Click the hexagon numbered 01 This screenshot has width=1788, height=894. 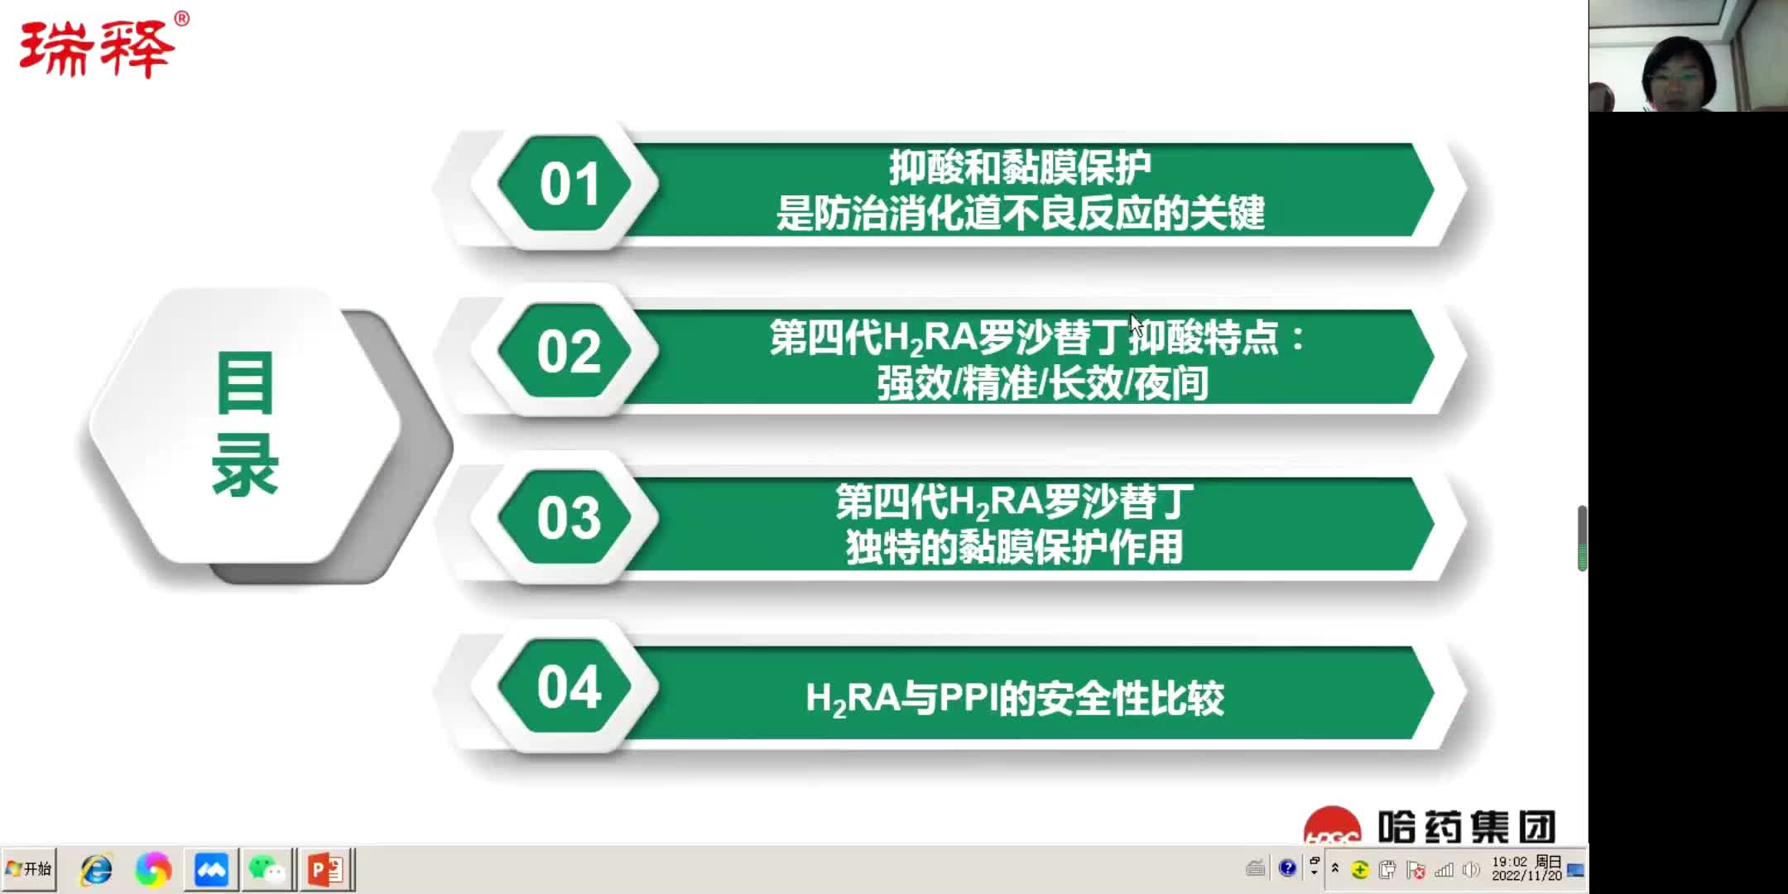click(x=568, y=184)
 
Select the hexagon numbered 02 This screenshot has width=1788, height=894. click(x=568, y=352)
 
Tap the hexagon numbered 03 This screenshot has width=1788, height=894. click(x=568, y=519)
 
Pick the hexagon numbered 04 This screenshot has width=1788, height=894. click(x=568, y=687)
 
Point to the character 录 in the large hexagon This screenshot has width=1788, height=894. click(x=245, y=465)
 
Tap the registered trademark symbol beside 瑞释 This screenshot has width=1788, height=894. click(x=182, y=18)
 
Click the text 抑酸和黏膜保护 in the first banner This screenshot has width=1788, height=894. click(x=1020, y=168)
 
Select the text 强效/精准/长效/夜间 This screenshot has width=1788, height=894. click(x=1042, y=383)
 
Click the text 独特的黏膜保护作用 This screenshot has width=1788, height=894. click(x=1014, y=548)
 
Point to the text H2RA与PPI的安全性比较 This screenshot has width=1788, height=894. click(x=1014, y=699)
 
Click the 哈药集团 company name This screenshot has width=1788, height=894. click(x=1466, y=827)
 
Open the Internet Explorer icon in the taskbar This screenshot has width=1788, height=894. click(x=97, y=870)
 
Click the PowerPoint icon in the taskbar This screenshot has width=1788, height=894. click(x=326, y=870)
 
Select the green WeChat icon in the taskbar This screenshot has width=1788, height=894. click(x=267, y=870)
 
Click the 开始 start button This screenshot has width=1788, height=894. click(x=29, y=869)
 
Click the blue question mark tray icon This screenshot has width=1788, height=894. click(x=1287, y=868)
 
